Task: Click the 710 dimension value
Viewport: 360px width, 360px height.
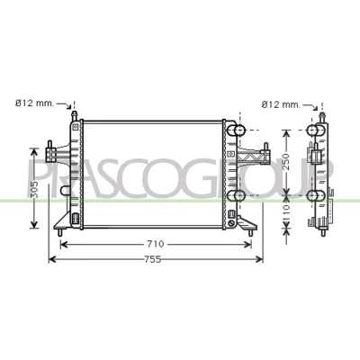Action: pyautogui.click(x=156, y=244)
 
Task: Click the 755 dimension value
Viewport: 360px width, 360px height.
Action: pyautogui.click(x=153, y=259)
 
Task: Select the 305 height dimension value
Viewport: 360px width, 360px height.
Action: pyautogui.click(x=35, y=190)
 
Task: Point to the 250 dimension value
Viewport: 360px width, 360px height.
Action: pyautogui.click(x=287, y=162)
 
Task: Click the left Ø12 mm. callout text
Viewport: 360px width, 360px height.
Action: pyautogui.click(x=34, y=103)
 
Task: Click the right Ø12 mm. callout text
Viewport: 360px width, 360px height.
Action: pyautogui.click(x=281, y=104)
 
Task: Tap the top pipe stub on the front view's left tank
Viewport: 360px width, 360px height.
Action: pyautogui.click(x=74, y=116)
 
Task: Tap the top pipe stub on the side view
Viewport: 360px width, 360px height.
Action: pyautogui.click(x=322, y=117)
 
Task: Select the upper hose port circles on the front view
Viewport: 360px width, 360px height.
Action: pyautogui.click(x=236, y=130)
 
